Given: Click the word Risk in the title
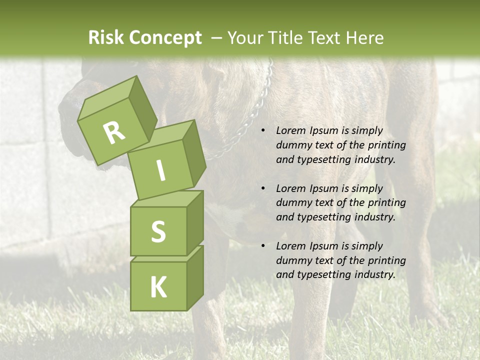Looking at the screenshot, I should tap(106, 38).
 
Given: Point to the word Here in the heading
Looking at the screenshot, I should tap(365, 38).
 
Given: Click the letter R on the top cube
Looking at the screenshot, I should tap(114, 132).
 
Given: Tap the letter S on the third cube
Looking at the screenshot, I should tap(158, 232).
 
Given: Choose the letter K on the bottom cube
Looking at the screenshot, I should tap(158, 287).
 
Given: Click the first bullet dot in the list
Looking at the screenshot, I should tap(263, 130).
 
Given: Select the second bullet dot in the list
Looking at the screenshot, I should tap(263, 188).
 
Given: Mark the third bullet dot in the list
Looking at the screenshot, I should tap(263, 246).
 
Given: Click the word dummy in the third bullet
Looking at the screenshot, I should tap(291, 260).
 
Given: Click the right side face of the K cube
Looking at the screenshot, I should tap(195, 277).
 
